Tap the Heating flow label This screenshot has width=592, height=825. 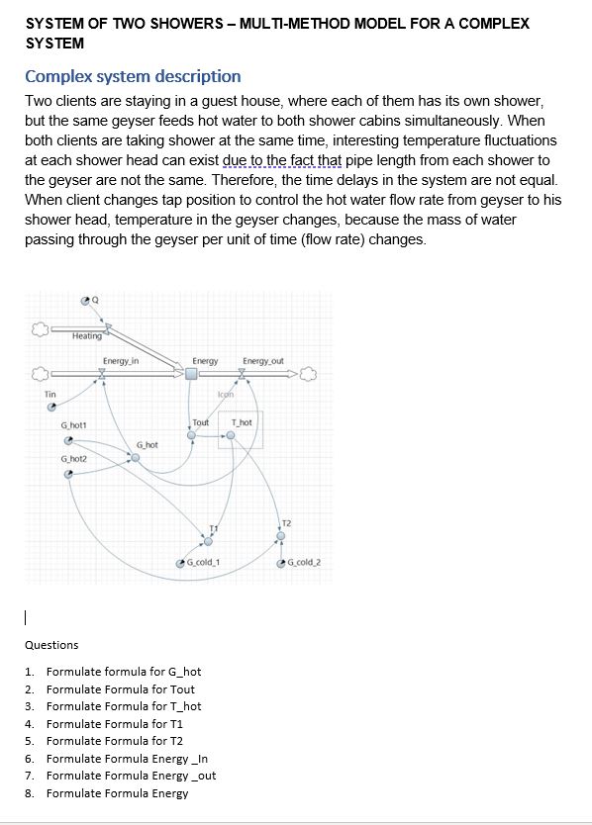tap(87, 336)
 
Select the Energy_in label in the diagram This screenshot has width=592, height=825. tap(120, 361)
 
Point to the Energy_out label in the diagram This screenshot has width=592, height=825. tap(262, 361)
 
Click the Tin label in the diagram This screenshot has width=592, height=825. tap(50, 395)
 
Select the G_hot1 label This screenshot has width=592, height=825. tap(74, 426)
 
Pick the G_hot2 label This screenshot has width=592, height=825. tap(74, 459)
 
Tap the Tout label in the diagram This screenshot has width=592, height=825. tap(201, 422)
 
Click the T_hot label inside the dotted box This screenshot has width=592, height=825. tap(242, 422)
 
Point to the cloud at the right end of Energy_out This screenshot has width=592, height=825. tap(308, 374)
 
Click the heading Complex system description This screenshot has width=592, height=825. tap(133, 76)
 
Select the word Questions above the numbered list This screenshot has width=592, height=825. tap(51, 645)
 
